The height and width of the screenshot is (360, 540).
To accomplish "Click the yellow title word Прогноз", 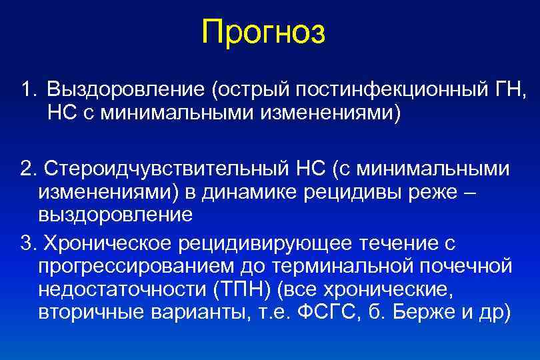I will point(264,32).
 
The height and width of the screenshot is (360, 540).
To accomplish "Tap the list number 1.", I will point(26,89).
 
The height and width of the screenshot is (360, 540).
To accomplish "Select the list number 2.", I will point(26,169).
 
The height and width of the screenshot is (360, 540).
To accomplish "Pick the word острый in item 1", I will point(243,89).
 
